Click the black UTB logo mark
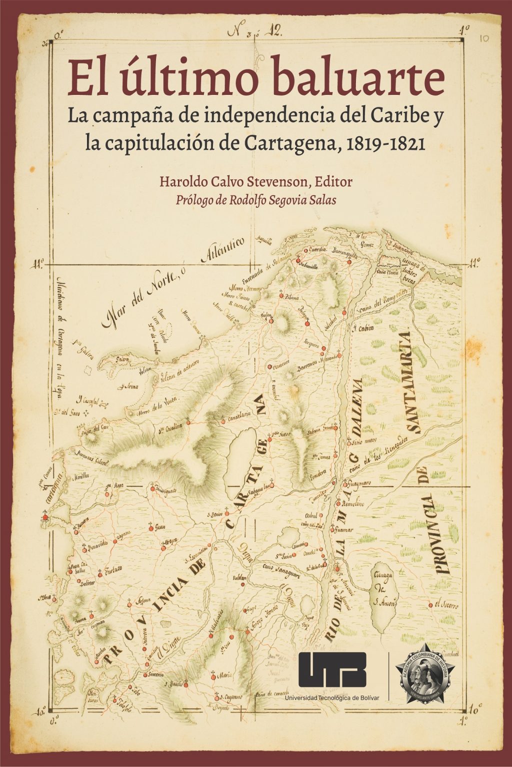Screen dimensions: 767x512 click(332, 670)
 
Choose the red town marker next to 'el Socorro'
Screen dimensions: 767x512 click(430, 605)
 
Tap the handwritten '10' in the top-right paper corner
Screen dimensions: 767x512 click(483, 37)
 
